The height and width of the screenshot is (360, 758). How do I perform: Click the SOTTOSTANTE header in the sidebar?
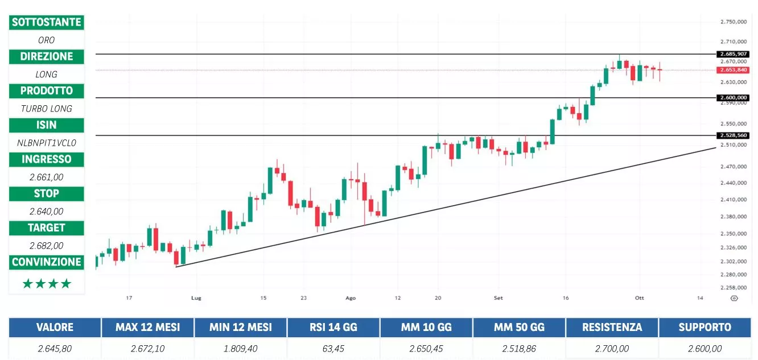(x=47, y=22)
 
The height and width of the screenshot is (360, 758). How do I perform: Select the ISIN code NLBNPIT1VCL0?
(x=47, y=143)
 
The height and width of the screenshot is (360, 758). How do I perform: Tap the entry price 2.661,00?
(x=47, y=177)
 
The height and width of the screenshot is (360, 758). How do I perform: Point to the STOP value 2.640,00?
(x=47, y=211)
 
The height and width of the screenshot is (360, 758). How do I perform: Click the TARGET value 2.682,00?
(x=47, y=245)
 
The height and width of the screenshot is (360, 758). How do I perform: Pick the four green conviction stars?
(x=47, y=283)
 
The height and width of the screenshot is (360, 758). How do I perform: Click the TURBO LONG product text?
(x=47, y=109)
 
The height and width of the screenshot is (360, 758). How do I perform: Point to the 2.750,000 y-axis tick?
(x=733, y=22)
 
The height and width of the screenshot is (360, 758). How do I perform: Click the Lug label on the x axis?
(x=196, y=297)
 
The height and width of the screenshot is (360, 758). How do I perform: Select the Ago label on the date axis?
(x=351, y=297)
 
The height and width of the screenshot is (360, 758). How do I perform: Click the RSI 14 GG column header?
(x=333, y=328)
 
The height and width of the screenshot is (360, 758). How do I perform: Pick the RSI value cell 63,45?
(x=333, y=348)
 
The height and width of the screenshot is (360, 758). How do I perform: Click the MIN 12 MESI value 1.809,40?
(x=241, y=348)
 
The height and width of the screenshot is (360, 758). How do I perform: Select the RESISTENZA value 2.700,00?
(x=612, y=348)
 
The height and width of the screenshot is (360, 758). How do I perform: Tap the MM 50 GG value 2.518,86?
(x=519, y=348)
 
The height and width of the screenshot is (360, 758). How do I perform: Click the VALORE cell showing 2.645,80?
(x=55, y=348)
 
